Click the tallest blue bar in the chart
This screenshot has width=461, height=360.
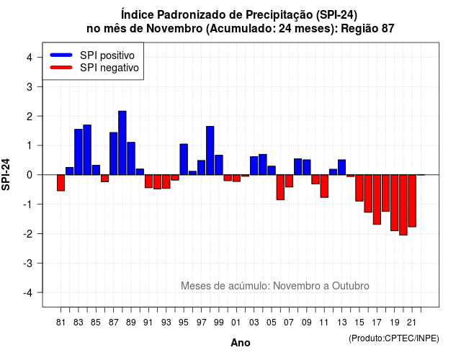click(122, 143)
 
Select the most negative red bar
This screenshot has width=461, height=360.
click(403, 204)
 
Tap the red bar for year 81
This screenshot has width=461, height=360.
click(61, 183)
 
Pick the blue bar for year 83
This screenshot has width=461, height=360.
click(79, 152)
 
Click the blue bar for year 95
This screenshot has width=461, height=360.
click(184, 159)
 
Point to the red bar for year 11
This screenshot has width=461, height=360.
click(324, 186)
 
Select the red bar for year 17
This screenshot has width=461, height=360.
click(377, 199)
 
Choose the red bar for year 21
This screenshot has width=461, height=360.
click(412, 201)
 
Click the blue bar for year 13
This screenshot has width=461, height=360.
click(342, 167)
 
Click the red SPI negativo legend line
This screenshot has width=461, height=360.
click(61, 68)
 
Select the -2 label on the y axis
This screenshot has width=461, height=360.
click(28, 233)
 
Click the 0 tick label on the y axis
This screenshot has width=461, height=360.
click(30, 175)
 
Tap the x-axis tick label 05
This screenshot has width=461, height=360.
click(272, 323)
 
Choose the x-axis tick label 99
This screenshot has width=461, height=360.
click(219, 323)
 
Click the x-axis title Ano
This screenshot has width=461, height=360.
click(241, 343)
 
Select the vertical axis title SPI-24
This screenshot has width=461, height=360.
click(6, 174)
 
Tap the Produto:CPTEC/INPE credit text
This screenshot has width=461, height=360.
click(394, 338)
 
